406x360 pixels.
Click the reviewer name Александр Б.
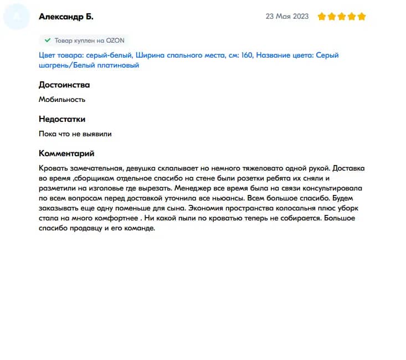click(66, 17)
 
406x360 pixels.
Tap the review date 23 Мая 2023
click(287, 17)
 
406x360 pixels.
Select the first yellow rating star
click(322, 17)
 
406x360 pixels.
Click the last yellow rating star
click(362, 17)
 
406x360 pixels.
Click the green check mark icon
click(48, 40)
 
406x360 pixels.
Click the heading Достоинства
click(64, 85)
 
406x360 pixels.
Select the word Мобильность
click(62, 100)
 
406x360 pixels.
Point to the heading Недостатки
click(62, 119)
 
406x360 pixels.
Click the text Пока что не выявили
click(75, 134)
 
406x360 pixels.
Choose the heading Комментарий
click(66, 153)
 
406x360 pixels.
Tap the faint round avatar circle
click(16, 17)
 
